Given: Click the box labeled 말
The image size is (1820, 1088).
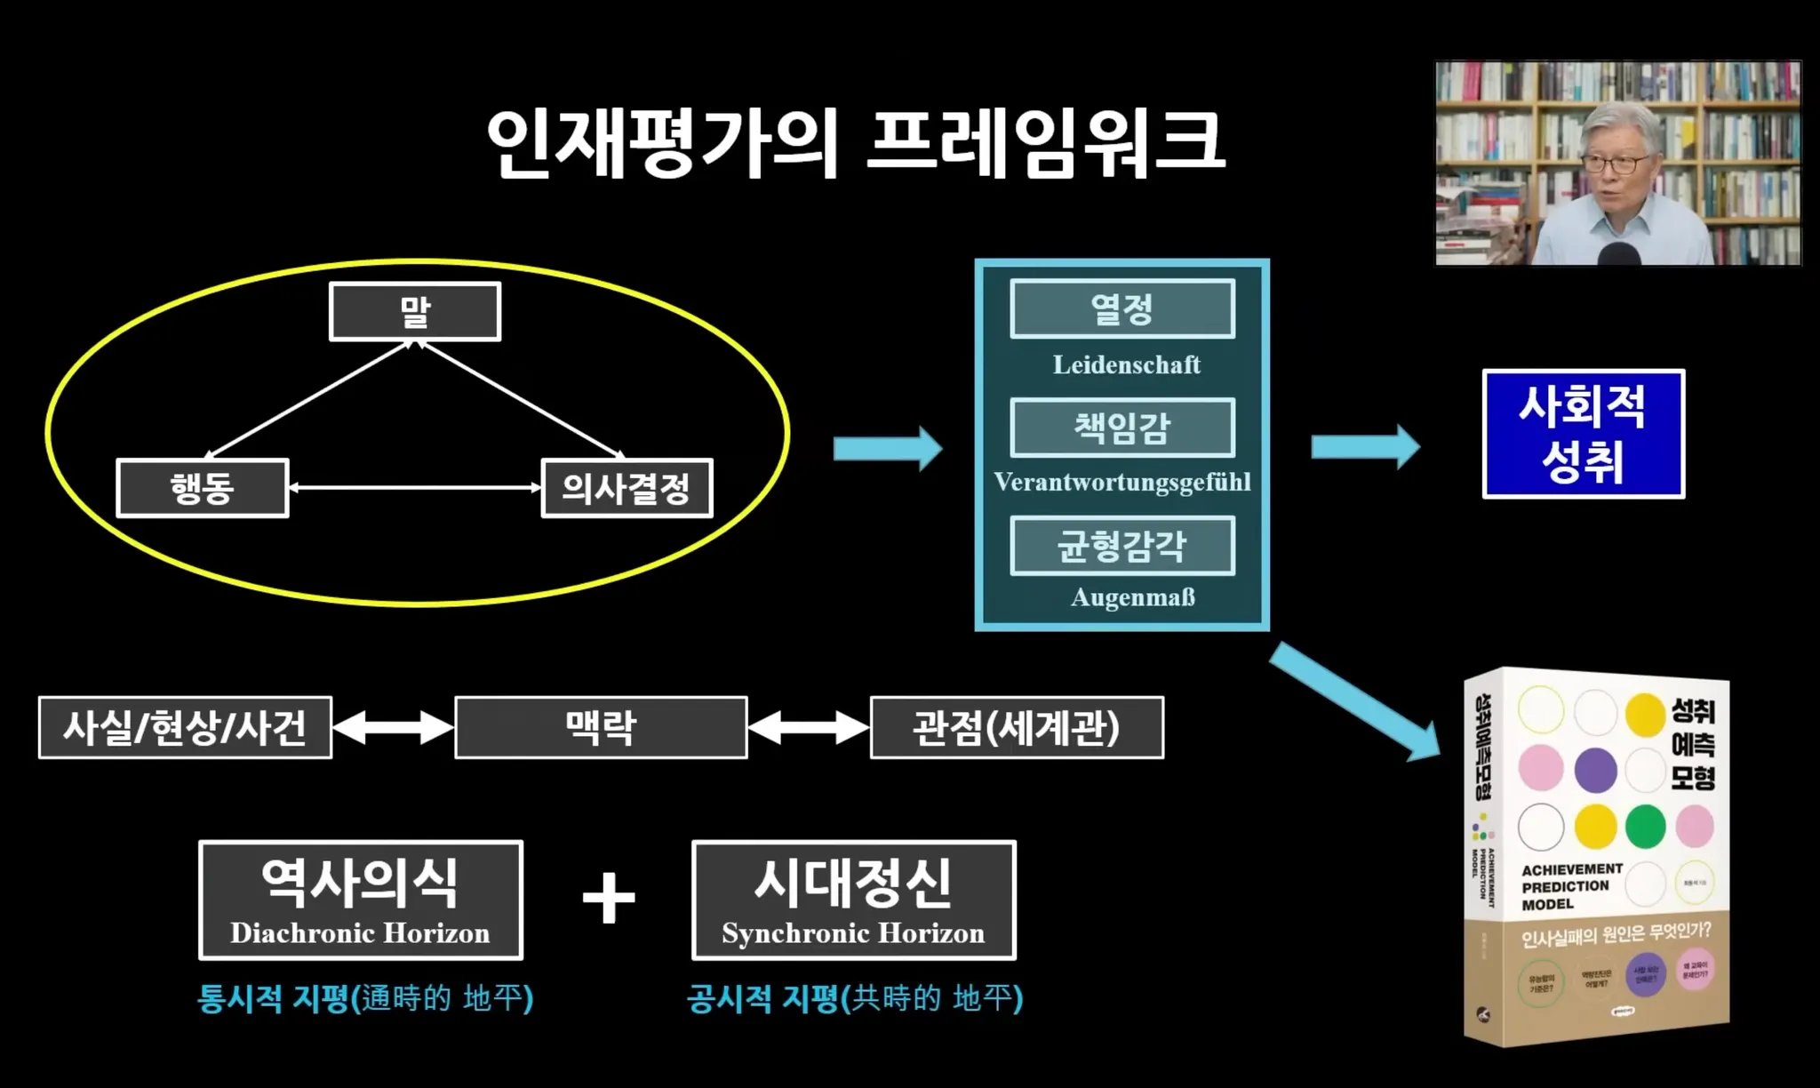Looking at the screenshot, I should (x=415, y=311).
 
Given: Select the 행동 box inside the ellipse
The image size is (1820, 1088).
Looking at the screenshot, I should (x=203, y=488).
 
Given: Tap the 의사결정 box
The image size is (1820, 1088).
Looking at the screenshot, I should (x=627, y=488).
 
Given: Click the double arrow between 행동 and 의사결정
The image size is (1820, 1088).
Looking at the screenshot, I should (x=415, y=487).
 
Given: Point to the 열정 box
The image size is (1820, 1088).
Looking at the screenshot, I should (x=1122, y=308).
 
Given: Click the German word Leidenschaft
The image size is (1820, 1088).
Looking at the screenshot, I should (x=1126, y=364).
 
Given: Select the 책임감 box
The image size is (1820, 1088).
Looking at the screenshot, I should (x=1122, y=428).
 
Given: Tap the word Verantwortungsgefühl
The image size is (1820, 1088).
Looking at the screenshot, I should (x=1122, y=482).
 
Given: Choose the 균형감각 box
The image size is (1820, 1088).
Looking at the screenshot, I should (x=1122, y=545).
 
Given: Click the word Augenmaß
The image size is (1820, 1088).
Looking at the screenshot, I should (x=1132, y=596).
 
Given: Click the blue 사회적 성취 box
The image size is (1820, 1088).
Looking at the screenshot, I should (x=1583, y=434).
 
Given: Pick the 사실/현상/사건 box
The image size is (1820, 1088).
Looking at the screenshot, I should (x=185, y=727).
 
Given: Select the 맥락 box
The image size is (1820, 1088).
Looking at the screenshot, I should (x=601, y=727).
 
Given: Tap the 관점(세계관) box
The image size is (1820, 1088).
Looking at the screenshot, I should (x=1017, y=727).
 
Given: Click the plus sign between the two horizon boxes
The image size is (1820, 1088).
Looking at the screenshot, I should (x=609, y=898).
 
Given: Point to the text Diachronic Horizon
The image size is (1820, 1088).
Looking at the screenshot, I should (x=360, y=932).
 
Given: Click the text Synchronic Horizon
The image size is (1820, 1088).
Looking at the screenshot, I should (x=853, y=932).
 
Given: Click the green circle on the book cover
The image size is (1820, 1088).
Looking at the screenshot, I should (x=1645, y=825).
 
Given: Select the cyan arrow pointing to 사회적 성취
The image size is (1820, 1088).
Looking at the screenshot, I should (x=1365, y=446).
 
